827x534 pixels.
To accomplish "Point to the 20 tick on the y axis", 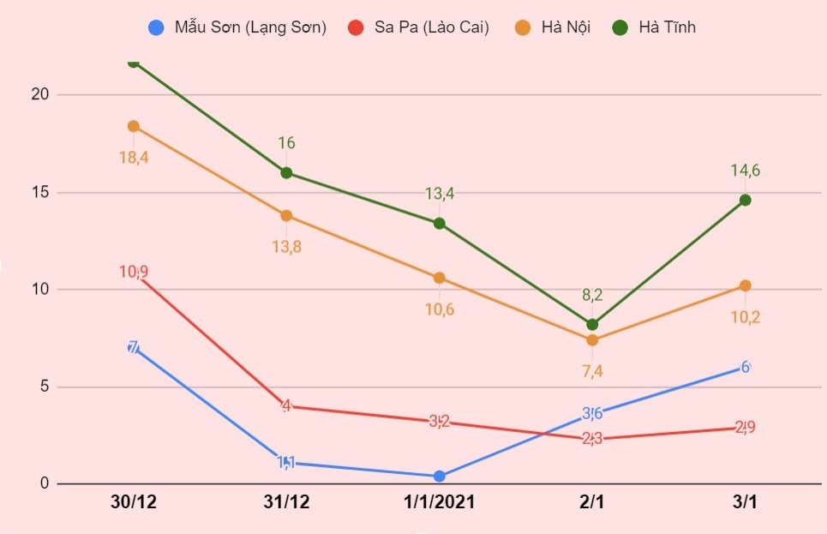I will pyautogui.click(x=39, y=94).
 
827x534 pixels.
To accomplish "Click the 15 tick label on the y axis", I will pyautogui.click(x=39, y=192).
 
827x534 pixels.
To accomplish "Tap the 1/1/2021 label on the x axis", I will pyautogui.click(x=439, y=502).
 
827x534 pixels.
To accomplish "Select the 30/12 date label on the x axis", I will pyautogui.click(x=133, y=502).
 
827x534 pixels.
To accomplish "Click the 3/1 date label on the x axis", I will pyautogui.click(x=745, y=502).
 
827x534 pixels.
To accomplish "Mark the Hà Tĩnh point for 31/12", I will pyautogui.click(x=286, y=172).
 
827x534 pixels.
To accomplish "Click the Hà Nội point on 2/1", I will pyautogui.click(x=592, y=340).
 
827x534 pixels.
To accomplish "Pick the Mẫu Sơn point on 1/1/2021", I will pyautogui.click(x=439, y=476).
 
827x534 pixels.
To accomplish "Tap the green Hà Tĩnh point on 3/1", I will pyautogui.click(x=745, y=200).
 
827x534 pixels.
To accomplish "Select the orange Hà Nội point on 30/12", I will pyautogui.click(x=133, y=126).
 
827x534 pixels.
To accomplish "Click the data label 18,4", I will pyautogui.click(x=133, y=157).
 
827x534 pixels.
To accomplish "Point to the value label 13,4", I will pyautogui.click(x=439, y=194).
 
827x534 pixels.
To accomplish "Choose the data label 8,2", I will pyautogui.click(x=592, y=295).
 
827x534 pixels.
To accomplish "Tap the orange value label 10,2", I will pyautogui.click(x=745, y=316).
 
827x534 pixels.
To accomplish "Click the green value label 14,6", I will pyautogui.click(x=745, y=171).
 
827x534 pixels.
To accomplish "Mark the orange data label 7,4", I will pyautogui.click(x=592, y=371).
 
